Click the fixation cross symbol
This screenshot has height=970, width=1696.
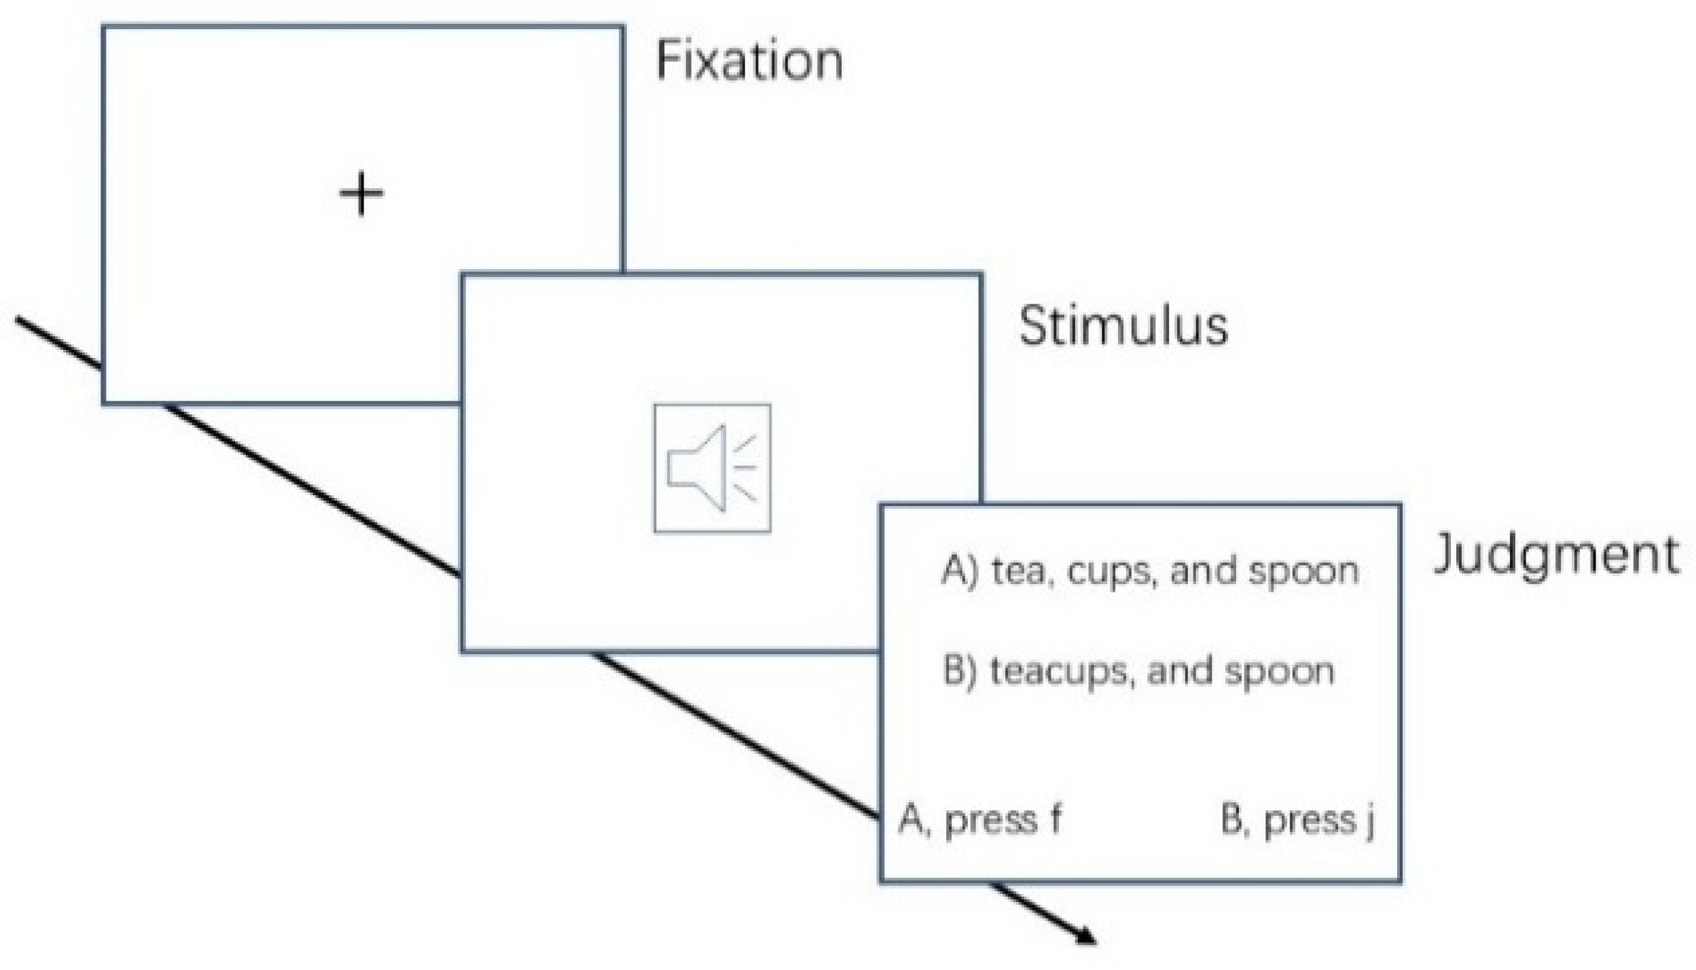coord(361,194)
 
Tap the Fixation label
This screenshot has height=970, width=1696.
coord(749,61)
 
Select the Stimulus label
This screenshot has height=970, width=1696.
coord(1123,327)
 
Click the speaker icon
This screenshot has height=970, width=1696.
coord(712,468)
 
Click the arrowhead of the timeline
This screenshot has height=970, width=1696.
coord(1085,938)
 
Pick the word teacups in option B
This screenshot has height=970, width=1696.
coord(1060,672)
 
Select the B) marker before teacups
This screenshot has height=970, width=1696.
coord(960,671)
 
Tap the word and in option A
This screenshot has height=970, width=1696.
coord(1203,571)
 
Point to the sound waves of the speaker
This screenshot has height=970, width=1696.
coord(745,468)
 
